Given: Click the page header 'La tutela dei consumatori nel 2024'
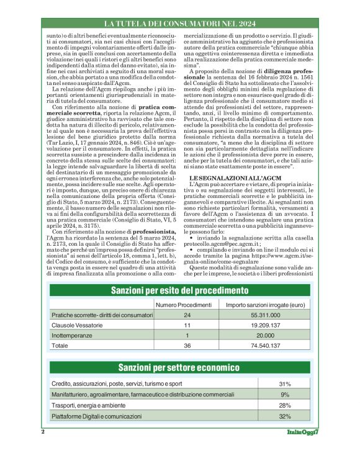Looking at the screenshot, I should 179,23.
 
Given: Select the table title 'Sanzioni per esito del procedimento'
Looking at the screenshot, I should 179,290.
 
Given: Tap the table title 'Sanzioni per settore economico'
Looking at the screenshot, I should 179,367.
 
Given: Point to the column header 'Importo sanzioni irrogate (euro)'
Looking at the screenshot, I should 265,305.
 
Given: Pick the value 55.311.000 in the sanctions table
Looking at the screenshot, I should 265,315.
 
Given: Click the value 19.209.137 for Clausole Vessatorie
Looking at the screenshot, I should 265,325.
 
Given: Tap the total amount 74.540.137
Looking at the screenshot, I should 265,344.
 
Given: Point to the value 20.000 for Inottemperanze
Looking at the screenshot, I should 265,334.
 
